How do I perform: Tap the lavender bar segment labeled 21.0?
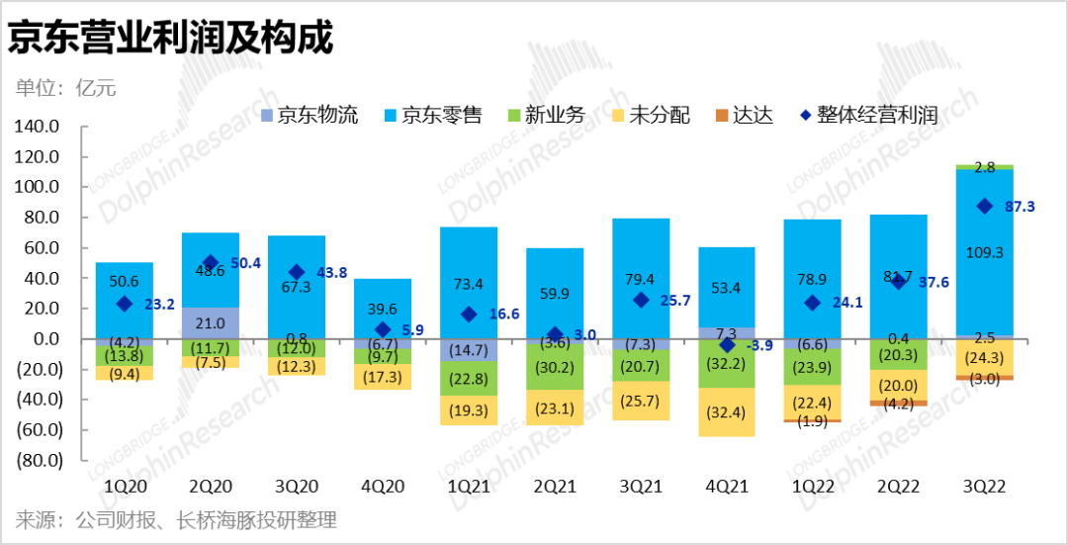click(210, 323)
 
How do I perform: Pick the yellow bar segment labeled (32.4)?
click(727, 412)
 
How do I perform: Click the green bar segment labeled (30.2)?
click(555, 367)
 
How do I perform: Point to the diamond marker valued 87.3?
click(985, 206)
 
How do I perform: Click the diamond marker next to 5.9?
click(383, 329)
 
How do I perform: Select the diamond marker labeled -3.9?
click(727, 345)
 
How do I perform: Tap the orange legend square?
click(722, 116)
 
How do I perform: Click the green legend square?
click(514, 116)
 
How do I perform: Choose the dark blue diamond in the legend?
click(806, 116)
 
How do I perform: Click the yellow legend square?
click(618, 116)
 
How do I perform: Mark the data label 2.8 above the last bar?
click(985, 168)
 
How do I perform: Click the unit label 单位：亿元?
click(66, 88)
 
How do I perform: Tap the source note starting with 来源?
click(176, 520)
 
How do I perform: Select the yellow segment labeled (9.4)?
click(124, 374)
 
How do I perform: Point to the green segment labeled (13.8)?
click(124, 354)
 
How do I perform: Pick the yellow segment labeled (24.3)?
click(985, 357)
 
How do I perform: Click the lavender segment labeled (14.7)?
click(469, 350)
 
